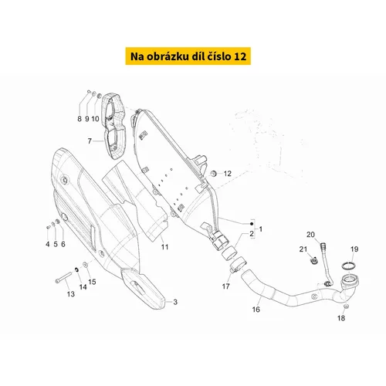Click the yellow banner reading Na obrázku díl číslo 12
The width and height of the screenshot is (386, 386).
pyautogui.click(x=188, y=56)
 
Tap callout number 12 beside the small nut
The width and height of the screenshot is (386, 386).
pyautogui.click(x=228, y=174)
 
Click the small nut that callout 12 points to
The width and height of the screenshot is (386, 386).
pyautogui.click(x=213, y=174)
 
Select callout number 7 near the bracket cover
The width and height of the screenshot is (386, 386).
pyautogui.click(x=90, y=141)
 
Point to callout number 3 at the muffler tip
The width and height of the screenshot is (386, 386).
pyautogui.click(x=175, y=302)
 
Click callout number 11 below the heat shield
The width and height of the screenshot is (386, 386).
pyautogui.click(x=164, y=247)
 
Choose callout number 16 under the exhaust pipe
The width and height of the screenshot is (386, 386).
pyautogui.click(x=256, y=310)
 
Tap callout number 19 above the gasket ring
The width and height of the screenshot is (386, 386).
pyautogui.click(x=354, y=249)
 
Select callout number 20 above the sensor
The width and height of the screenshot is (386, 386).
pyautogui.click(x=310, y=235)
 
